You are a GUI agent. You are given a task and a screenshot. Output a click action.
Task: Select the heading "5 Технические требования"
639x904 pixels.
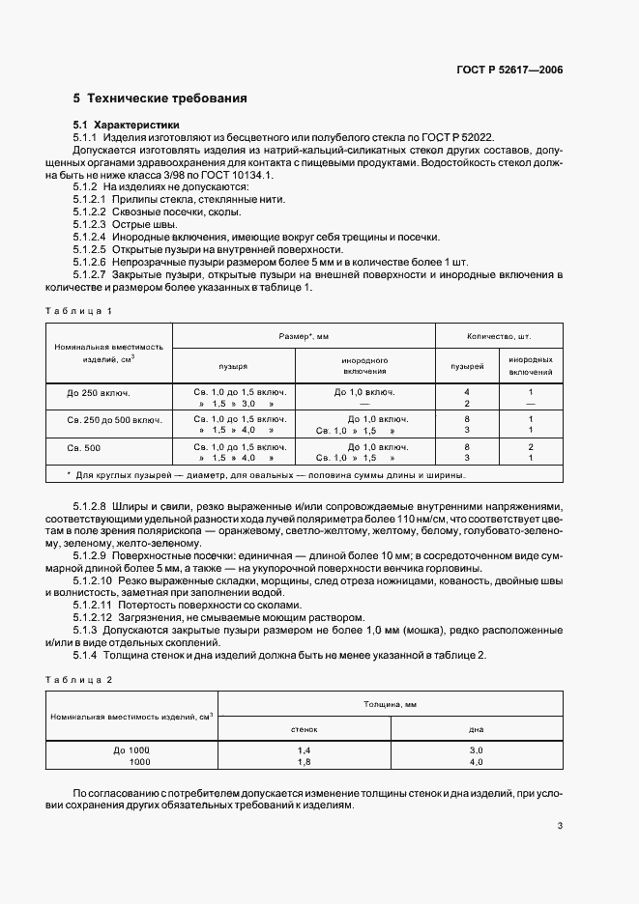160,99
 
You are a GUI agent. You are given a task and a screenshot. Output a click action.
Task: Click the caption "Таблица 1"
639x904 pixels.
80,310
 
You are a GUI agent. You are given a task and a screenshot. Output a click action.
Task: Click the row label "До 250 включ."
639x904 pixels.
99,393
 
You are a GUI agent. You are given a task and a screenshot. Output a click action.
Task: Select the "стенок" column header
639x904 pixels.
304,728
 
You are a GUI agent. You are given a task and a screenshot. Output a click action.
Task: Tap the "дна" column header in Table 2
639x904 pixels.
476,728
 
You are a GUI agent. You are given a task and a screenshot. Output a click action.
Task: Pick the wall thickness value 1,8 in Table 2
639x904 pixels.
304,761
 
